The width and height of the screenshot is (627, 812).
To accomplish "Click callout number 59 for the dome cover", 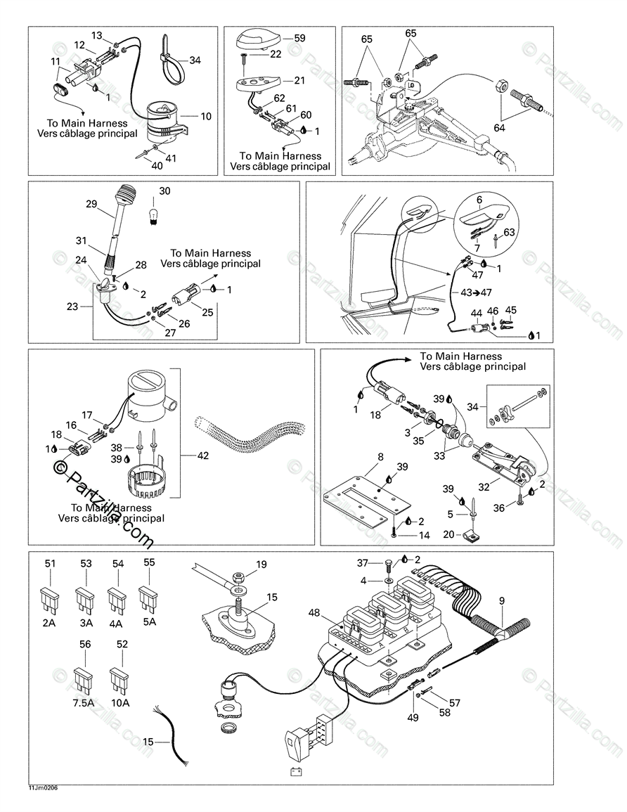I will [299, 39].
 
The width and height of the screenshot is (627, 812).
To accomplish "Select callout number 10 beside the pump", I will [206, 116].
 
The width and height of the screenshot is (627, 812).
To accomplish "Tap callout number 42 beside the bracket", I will [204, 455].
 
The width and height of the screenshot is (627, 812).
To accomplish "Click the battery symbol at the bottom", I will [297, 771].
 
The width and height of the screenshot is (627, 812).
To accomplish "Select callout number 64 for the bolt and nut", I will [500, 127].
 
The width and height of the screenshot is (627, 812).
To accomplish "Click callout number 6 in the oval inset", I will [479, 200].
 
